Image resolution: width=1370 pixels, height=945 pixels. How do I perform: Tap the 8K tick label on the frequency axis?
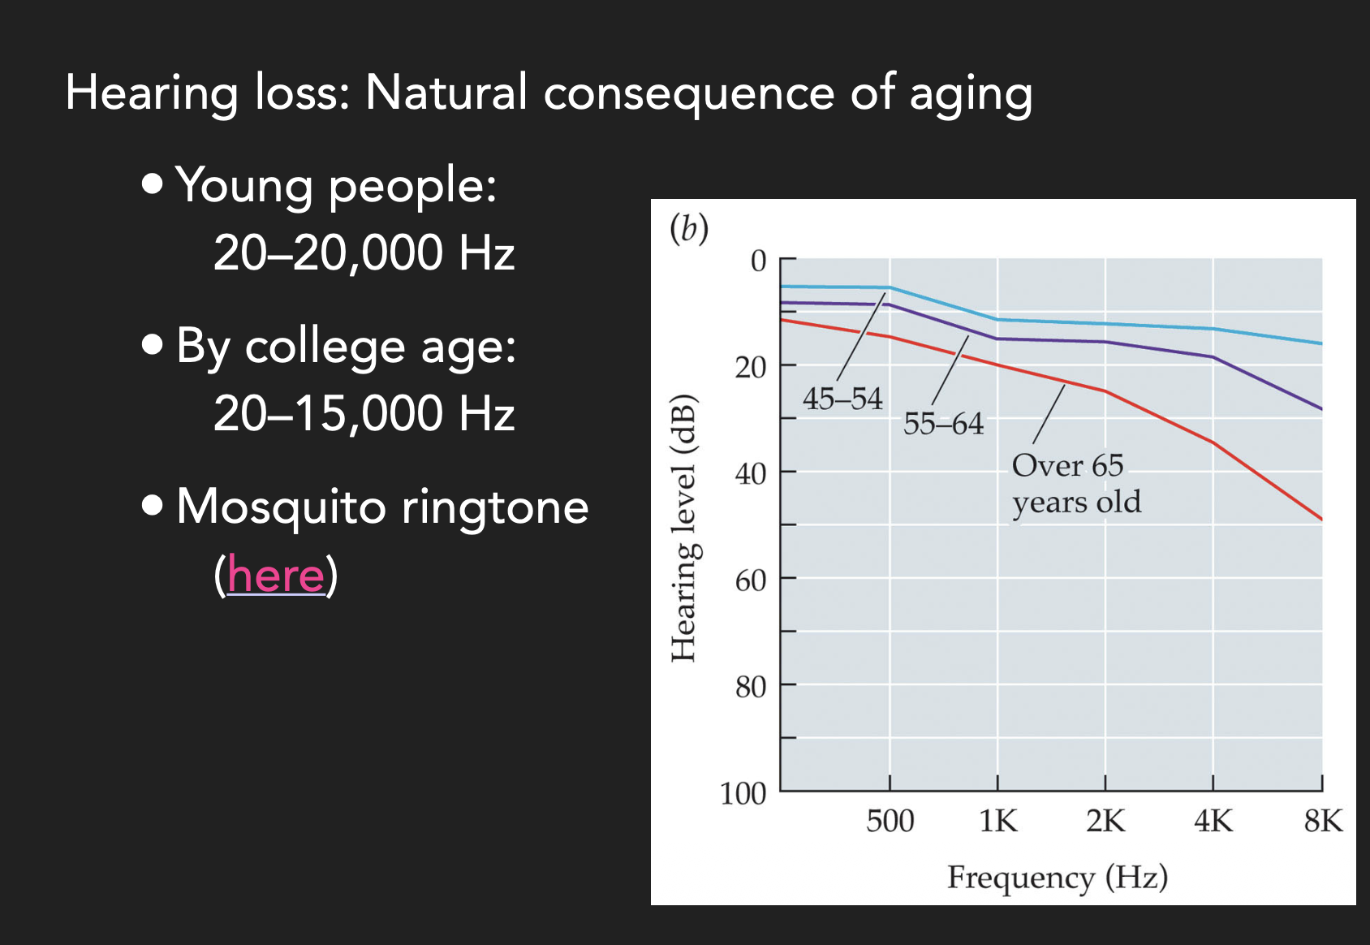pyautogui.click(x=1323, y=822)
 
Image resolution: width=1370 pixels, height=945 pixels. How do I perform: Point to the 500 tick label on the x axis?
pyautogui.click(x=890, y=822)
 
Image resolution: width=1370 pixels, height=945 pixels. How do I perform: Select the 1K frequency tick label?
pyautogui.click(x=997, y=822)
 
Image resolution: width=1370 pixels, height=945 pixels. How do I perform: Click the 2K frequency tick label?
pyautogui.click(x=1105, y=822)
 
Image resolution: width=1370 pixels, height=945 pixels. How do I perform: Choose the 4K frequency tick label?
pyautogui.click(x=1213, y=822)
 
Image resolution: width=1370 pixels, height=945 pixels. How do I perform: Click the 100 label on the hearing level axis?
pyautogui.click(x=743, y=793)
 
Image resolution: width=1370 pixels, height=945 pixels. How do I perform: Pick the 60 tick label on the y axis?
pyautogui.click(x=750, y=580)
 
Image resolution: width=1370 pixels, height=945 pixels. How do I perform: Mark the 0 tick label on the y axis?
pyautogui.click(x=758, y=261)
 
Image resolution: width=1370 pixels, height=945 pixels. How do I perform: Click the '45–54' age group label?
pyautogui.click(x=842, y=399)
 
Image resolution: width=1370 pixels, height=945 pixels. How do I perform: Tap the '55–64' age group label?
pyautogui.click(x=943, y=424)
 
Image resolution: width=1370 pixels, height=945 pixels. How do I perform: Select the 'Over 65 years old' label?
pyautogui.click(x=1075, y=484)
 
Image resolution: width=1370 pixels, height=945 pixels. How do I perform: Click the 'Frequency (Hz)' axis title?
pyautogui.click(x=1057, y=878)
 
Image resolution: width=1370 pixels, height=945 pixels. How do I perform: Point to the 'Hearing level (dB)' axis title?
pyautogui.click(x=683, y=528)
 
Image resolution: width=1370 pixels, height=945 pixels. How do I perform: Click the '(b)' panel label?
pyautogui.click(x=688, y=229)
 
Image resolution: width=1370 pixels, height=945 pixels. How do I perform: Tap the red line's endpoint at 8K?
pyautogui.click(x=1321, y=519)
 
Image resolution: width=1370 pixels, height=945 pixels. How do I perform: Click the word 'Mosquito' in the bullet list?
pyautogui.click(x=281, y=507)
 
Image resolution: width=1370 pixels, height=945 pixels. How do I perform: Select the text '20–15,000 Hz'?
pyautogui.click(x=364, y=413)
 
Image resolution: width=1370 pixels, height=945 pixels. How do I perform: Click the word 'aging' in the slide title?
pyautogui.click(x=971, y=93)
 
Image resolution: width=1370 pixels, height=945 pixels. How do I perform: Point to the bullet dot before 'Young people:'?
pyautogui.click(x=152, y=183)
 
